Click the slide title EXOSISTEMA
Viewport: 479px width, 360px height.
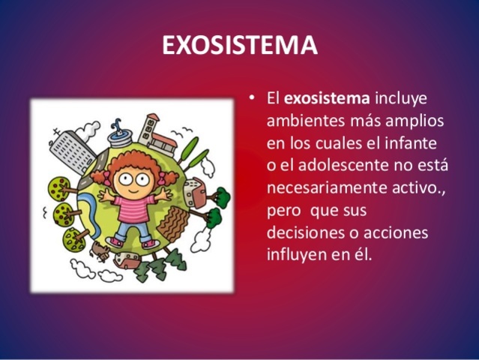240,46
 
